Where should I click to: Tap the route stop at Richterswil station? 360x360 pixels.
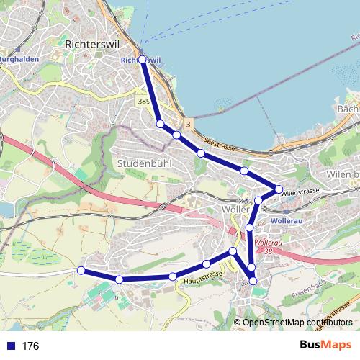pos(142,59)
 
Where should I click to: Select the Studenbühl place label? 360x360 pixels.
pos(143,163)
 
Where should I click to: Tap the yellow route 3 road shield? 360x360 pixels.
pos(188,124)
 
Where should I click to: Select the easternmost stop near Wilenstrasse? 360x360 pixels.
pos(279,189)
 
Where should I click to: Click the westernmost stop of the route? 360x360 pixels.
pos(81,270)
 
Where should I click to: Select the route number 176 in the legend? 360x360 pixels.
pos(30,346)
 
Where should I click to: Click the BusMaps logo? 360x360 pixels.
pos(326,346)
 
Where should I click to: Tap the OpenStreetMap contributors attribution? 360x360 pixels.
pos(297,323)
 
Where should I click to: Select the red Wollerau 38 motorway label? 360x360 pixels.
pos(268,246)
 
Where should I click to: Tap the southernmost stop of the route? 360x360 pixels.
pos(253,281)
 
